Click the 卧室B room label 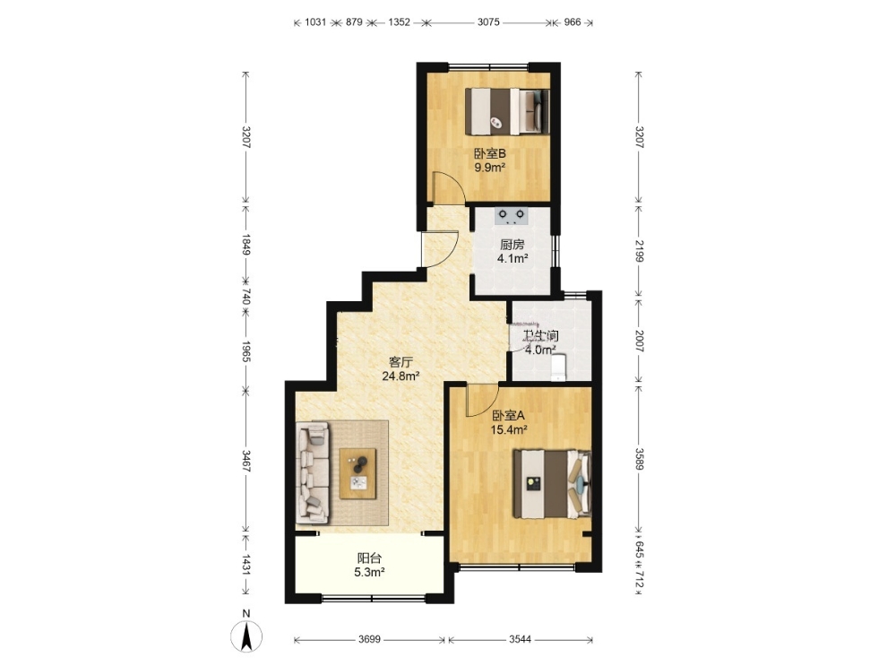coord(489,153)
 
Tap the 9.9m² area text coord(489,168)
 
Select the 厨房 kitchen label coord(512,245)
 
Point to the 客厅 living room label coord(400,361)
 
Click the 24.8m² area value coord(400,376)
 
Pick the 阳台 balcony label coord(369,558)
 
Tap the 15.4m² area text coord(509,429)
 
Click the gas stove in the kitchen coord(512,216)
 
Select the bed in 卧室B coord(507,111)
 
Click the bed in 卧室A coord(552,484)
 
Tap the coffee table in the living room coord(357,473)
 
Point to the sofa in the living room coord(313,473)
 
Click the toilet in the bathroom coord(558,368)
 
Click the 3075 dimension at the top coord(488,22)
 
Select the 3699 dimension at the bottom coord(369,639)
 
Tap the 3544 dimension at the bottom coord(520,639)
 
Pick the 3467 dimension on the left coord(246,462)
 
